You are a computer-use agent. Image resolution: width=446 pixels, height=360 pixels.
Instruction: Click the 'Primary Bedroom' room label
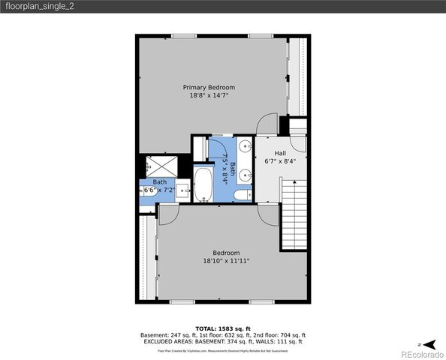[x=205, y=87]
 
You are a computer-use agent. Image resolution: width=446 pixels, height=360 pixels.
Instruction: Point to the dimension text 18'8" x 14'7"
[x=205, y=96]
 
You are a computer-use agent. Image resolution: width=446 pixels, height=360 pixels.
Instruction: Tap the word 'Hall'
[x=280, y=152]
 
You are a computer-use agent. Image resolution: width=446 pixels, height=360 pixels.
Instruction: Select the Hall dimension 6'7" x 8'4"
[x=280, y=160]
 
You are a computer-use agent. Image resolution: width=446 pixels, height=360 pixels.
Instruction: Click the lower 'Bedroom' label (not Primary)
[x=226, y=253]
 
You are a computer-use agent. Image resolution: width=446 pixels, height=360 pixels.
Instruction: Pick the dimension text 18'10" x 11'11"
[x=226, y=261]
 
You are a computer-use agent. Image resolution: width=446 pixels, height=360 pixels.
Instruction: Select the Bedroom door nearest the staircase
[x=266, y=211]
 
